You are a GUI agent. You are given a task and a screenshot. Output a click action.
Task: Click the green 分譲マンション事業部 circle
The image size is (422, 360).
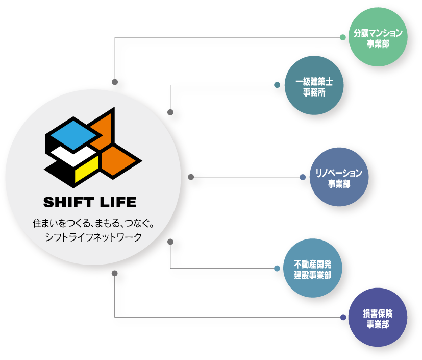point(378,38)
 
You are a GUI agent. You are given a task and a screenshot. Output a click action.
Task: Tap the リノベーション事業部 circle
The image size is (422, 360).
point(338,177)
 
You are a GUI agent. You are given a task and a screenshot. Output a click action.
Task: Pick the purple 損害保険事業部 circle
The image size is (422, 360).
point(378,318)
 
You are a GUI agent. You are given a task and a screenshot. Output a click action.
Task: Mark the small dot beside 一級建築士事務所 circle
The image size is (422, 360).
point(277,85)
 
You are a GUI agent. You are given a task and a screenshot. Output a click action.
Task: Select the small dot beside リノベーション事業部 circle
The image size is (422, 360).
point(303,177)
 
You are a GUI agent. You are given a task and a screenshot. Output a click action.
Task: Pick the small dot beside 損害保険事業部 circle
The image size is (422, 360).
point(343,318)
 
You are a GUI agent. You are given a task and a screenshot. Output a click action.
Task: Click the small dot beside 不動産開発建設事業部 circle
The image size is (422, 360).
point(277,269)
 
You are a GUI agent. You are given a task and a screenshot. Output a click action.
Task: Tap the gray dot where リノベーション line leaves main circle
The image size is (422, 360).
point(191,177)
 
